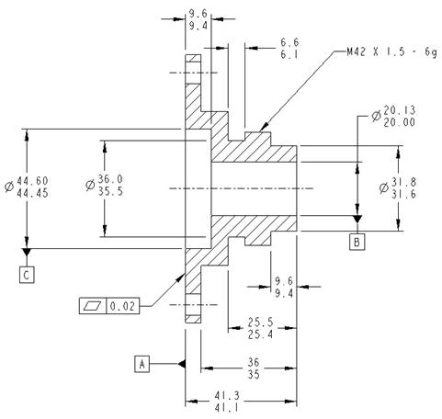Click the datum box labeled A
(x=142, y=364)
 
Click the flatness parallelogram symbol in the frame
(x=95, y=306)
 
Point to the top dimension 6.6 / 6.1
(x=289, y=49)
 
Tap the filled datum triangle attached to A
(x=183, y=364)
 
